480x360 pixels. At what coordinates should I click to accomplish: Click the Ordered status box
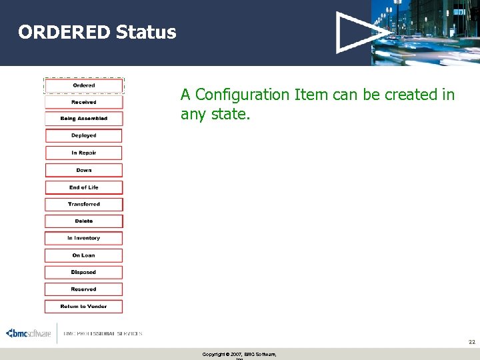click(x=84, y=85)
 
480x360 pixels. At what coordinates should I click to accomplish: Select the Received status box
click(x=84, y=102)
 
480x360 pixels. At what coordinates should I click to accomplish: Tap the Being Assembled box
click(x=84, y=119)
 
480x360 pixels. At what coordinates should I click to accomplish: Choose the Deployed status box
click(x=84, y=135)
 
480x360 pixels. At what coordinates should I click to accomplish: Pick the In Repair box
click(x=84, y=153)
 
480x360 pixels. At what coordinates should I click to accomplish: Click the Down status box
click(x=84, y=170)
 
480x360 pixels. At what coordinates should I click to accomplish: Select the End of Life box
click(x=84, y=187)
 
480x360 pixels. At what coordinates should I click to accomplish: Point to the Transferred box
click(x=84, y=204)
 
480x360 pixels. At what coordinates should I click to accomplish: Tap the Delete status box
click(x=84, y=221)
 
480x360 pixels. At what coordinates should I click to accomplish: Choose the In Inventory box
click(x=84, y=238)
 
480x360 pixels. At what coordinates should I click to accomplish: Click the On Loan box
click(x=84, y=255)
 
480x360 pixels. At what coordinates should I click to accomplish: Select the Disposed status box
click(x=84, y=272)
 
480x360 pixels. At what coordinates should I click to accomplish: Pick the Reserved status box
click(x=84, y=289)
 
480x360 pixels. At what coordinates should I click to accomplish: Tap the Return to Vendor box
click(x=84, y=307)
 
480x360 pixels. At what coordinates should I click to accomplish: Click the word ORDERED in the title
click(x=64, y=32)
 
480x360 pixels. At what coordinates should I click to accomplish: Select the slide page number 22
click(x=471, y=341)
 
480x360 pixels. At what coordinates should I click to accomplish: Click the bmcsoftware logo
click(x=28, y=333)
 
